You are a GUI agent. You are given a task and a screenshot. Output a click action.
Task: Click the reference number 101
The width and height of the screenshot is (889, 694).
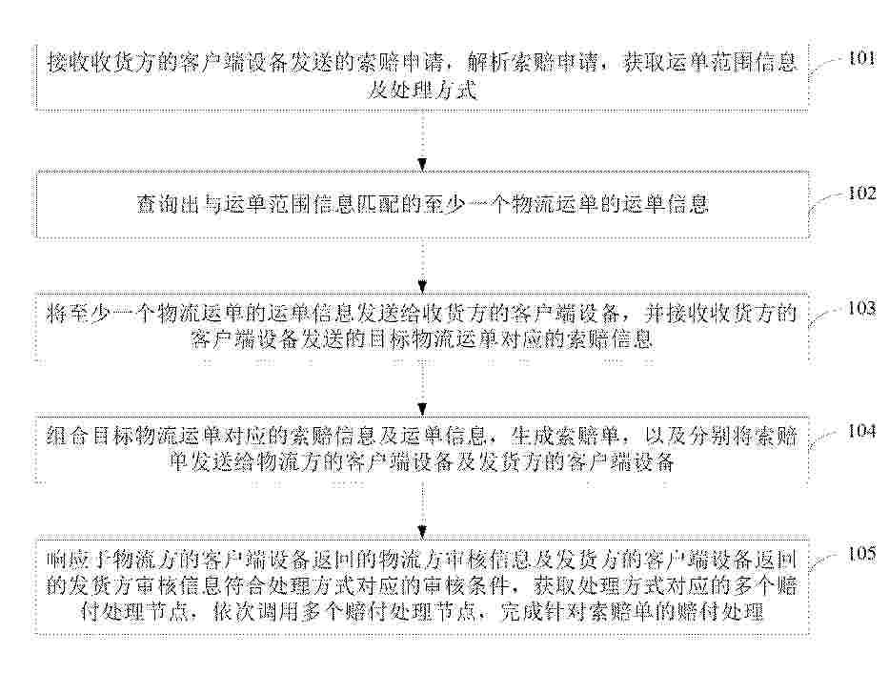861,58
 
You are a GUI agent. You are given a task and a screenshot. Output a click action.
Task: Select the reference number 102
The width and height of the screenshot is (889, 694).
861,193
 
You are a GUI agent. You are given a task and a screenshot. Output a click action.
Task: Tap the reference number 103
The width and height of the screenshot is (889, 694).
861,308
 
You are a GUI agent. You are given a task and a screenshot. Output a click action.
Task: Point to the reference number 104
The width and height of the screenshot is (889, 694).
861,431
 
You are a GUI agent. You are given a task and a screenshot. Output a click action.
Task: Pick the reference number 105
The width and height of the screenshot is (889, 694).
861,553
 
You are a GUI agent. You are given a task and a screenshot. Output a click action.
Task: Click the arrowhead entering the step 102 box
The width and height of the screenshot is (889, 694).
422,165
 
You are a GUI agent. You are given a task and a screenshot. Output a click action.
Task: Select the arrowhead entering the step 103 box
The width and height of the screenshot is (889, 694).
422,287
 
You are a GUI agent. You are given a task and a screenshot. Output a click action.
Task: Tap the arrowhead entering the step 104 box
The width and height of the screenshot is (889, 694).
422,409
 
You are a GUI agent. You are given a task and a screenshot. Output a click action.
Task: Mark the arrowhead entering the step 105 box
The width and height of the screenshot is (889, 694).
422,532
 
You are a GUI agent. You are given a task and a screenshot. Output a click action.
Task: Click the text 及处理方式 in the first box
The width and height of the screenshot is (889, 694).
422,91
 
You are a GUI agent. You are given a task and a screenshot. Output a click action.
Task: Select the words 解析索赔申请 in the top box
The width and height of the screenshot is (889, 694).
532,62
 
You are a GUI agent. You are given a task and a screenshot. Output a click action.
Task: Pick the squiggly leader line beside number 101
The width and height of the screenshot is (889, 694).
825,67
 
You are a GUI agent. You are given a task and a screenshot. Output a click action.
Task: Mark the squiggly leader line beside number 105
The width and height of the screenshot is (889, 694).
825,561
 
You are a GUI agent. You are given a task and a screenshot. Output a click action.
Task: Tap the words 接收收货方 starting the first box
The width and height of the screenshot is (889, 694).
102,62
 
